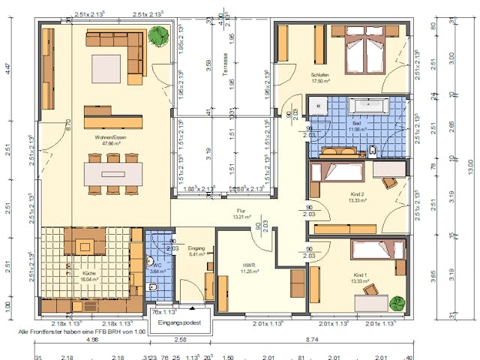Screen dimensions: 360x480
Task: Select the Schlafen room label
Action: pyautogui.click(x=320, y=76)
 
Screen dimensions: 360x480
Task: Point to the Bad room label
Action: pyautogui.click(x=335, y=124)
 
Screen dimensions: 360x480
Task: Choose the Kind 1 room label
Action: pyautogui.click(x=361, y=276)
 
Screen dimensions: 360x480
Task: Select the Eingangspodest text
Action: pyautogui.click(x=181, y=322)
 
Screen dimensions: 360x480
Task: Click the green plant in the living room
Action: pyautogui.click(x=158, y=34)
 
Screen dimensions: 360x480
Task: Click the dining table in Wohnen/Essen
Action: pyautogui.click(x=113, y=174)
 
